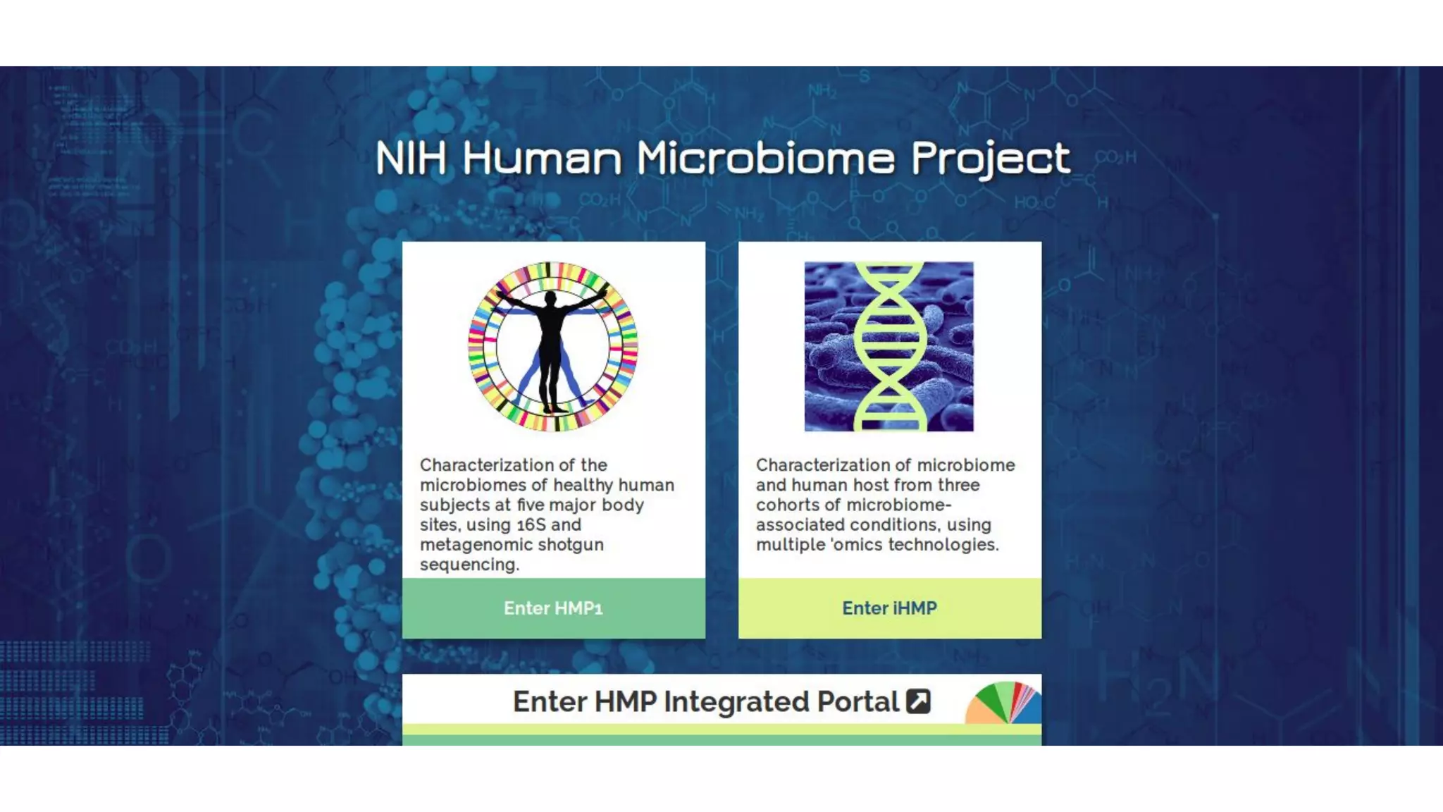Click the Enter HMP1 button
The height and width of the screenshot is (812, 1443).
pos(553,608)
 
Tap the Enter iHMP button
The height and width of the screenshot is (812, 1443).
pos(889,608)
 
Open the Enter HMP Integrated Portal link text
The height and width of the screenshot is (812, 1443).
pos(705,701)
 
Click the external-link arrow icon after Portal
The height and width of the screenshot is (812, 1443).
pos(918,701)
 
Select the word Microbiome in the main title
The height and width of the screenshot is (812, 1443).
pos(765,157)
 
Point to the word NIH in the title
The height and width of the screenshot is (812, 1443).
pos(411,157)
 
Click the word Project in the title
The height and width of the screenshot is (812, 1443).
pos(991,157)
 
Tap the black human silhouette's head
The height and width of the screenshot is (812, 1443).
pos(552,300)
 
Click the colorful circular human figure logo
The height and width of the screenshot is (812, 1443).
pos(553,346)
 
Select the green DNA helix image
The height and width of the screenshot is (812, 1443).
pos(889,346)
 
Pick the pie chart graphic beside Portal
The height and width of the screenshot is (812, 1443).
pos(1004,703)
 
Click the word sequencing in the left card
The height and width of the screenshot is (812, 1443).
pos(469,565)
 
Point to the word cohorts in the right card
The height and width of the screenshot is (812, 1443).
pos(788,505)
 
